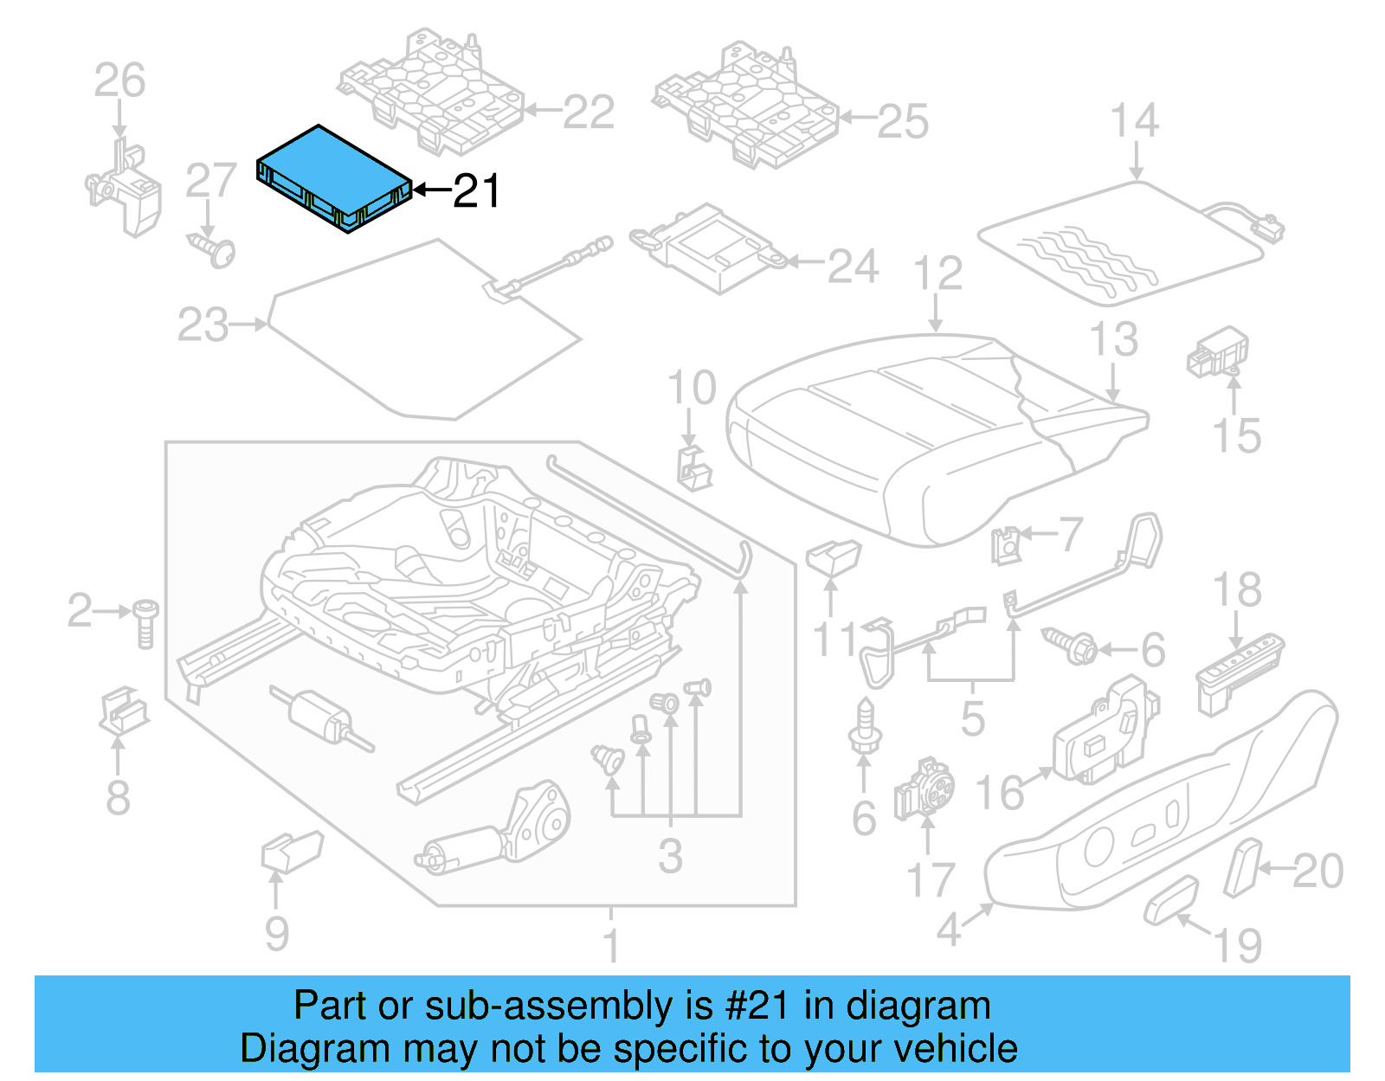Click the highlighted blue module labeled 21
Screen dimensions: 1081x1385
[333, 177]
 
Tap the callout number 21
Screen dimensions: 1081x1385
[476, 191]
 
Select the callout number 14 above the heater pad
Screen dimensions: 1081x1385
[1135, 121]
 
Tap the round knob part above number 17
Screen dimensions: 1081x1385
[924, 788]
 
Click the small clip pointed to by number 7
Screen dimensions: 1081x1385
[1007, 544]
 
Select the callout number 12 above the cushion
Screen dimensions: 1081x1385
[938, 273]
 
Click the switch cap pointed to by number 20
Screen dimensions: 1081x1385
[1244, 867]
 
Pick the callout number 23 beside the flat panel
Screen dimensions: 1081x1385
[203, 325]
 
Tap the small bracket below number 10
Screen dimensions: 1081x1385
[692, 467]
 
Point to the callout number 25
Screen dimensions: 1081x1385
[903, 122]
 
